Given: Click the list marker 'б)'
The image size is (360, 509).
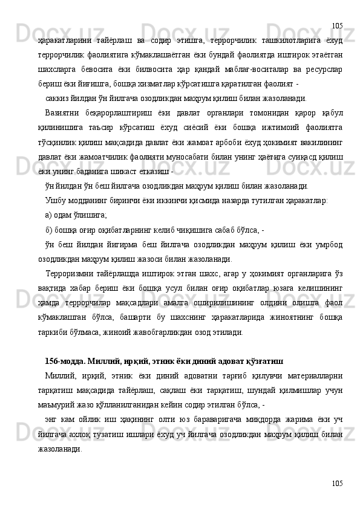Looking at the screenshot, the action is click(50, 230).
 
